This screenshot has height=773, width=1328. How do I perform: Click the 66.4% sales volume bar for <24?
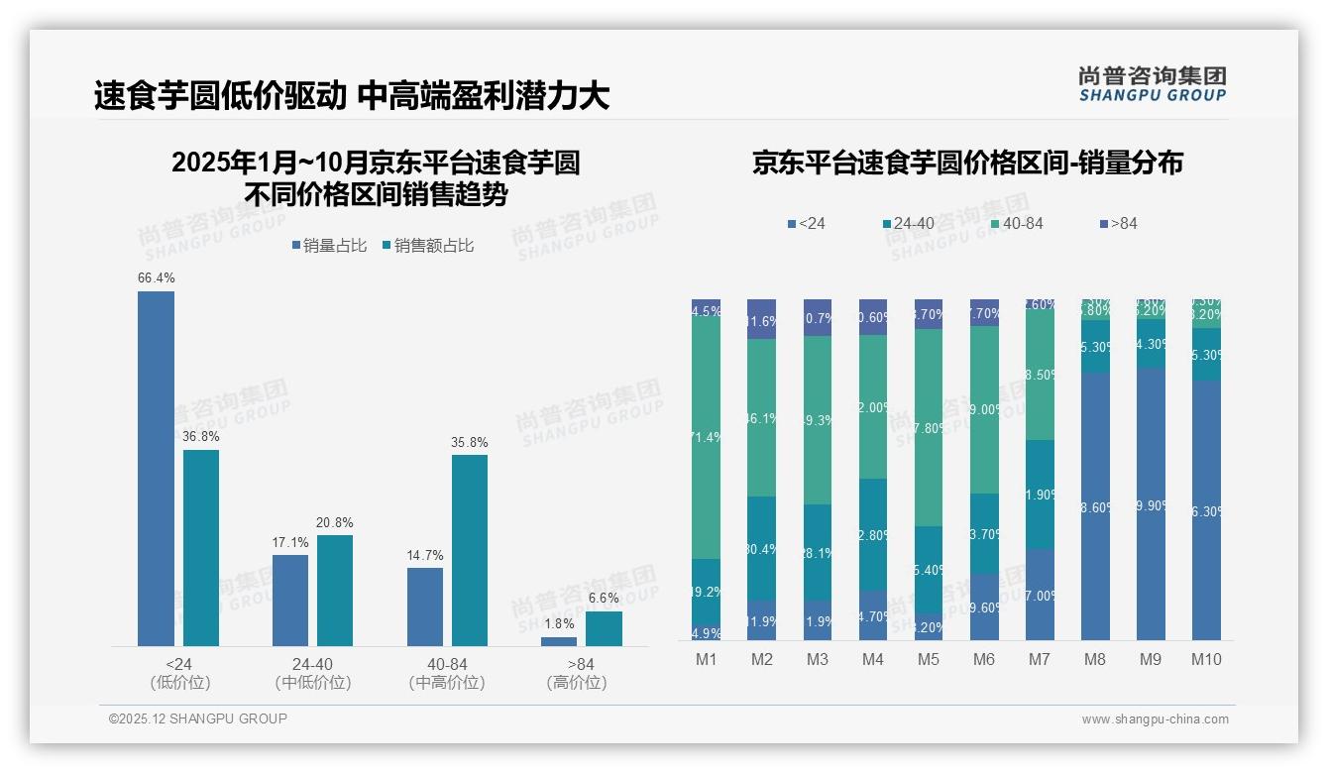(x=156, y=468)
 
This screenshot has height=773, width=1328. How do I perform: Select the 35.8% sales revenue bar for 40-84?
(x=469, y=550)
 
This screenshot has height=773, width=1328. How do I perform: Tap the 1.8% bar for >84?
(x=558, y=641)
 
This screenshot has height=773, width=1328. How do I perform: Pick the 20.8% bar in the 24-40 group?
(x=334, y=591)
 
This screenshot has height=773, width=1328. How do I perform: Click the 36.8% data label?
(x=200, y=436)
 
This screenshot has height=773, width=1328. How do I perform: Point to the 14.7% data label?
(x=424, y=555)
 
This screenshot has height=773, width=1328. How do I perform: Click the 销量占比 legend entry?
(x=329, y=246)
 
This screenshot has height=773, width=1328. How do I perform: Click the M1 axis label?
(x=706, y=659)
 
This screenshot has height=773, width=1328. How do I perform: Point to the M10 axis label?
(x=1205, y=659)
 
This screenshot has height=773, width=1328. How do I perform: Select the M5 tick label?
(x=928, y=659)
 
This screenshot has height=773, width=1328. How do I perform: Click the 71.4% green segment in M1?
(x=706, y=437)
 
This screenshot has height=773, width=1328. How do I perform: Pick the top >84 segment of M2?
(x=761, y=319)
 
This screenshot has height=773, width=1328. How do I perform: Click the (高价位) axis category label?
(x=576, y=683)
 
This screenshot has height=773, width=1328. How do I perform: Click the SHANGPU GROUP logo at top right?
(x=1152, y=84)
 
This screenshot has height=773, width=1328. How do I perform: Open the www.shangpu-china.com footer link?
(x=1155, y=719)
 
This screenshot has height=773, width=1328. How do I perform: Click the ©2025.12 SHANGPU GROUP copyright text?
(x=198, y=718)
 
